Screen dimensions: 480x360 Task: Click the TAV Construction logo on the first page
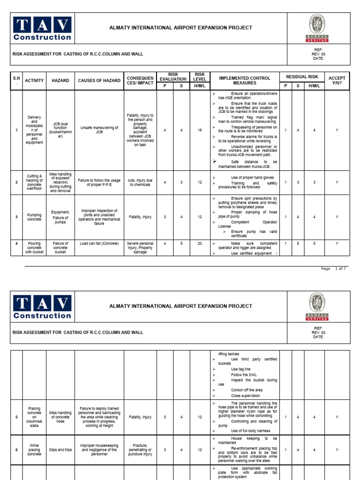(x=42, y=29)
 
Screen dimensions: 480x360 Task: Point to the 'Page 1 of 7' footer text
(x=334, y=269)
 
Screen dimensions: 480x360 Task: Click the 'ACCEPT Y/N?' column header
(x=337, y=81)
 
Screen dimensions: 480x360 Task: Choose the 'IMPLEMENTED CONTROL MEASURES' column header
(x=245, y=81)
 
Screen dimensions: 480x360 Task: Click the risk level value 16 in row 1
(x=200, y=130)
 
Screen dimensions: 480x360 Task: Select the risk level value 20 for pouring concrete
(x=200, y=244)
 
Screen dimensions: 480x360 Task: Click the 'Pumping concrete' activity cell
(x=34, y=217)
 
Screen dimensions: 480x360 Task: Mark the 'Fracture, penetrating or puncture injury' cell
(x=140, y=450)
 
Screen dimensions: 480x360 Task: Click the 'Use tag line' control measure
(x=241, y=369)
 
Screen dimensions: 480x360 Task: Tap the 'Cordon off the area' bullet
(x=247, y=390)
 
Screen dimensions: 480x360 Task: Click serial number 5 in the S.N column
(x=16, y=417)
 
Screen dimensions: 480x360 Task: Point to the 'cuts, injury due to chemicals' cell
(x=140, y=182)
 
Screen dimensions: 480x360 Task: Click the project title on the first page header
(x=180, y=28)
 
